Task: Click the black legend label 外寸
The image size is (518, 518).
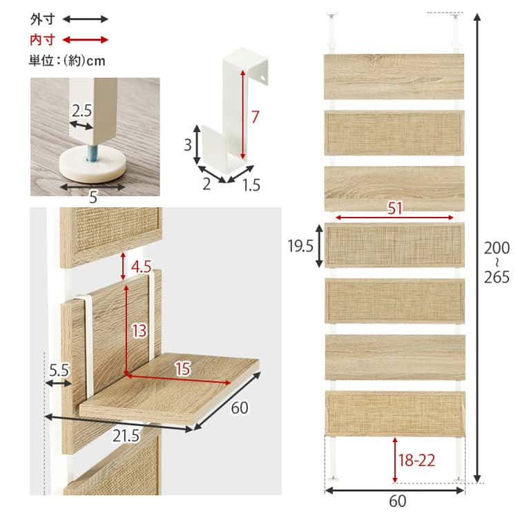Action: point(44,19)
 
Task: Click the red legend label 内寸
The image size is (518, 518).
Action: point(44,39)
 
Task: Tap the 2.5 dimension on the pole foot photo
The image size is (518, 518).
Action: point(81,111)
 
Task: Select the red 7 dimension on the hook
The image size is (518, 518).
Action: point(255,117)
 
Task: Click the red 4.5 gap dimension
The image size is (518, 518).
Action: point(141,266)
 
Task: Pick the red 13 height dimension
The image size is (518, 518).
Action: point(139,331)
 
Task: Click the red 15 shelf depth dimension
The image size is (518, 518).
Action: point(182,370)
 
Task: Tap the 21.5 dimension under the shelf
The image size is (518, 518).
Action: point(126,436)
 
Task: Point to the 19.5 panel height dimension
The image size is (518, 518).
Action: point(301,245)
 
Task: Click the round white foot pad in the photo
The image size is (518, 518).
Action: point(94,166)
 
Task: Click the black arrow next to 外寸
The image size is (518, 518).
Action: point(86,19)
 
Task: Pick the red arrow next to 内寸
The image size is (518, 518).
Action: point(86,39)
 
